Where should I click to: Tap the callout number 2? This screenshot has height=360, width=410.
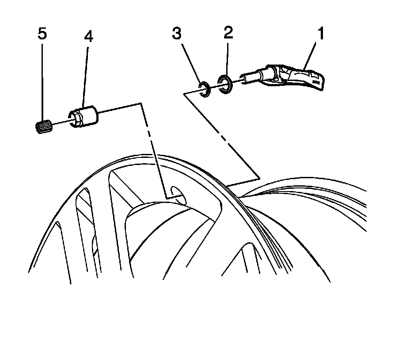click(x=228, y=32)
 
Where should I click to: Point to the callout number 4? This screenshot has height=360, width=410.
click(x=88, y=36)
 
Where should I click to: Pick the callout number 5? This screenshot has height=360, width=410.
click(x=42, y=34)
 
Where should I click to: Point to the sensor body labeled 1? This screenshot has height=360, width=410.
click(x=296, y=78)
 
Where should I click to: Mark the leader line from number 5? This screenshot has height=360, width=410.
click(x=42, y=80)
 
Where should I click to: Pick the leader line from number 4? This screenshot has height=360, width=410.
click(x=86, y=75)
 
